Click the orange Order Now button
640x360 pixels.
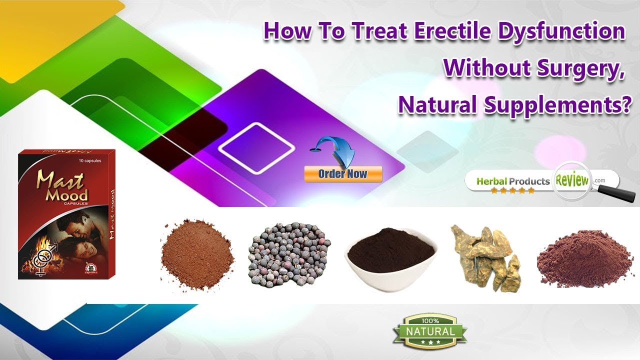coord(342,174)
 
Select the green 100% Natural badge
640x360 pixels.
coord(429,331)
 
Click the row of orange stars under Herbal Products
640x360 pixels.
coord(512,190)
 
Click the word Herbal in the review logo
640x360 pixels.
coord(492,181)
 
